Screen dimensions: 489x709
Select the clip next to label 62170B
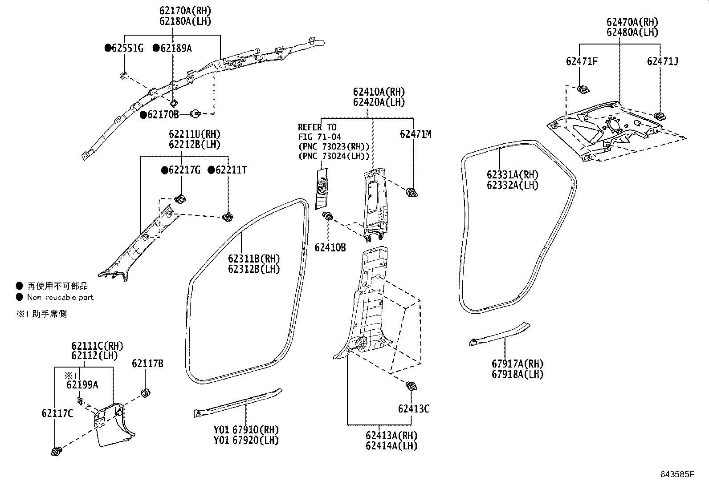195,114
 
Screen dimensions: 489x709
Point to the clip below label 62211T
228,217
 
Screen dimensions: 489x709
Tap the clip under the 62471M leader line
412,193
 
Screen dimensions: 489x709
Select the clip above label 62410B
328,217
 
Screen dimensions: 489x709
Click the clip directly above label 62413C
411,386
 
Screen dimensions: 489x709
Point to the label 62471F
582,61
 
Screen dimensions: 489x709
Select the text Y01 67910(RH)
246,430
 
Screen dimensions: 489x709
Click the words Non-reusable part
60,297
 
